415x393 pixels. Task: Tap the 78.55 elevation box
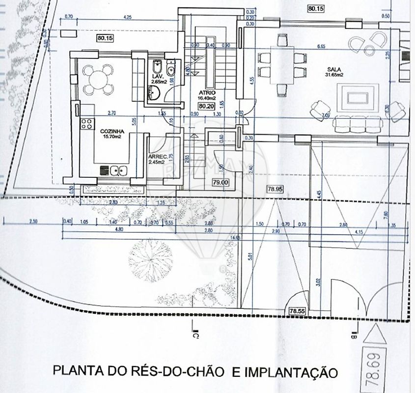297,310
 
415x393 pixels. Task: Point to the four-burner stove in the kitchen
87,124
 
